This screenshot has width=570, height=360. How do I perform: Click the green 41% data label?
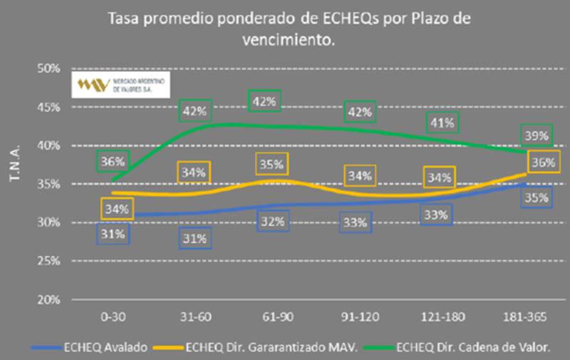coord(442,123)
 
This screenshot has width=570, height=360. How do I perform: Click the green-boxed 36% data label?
coord(112,161)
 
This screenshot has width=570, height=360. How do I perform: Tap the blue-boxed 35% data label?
coord(537,197)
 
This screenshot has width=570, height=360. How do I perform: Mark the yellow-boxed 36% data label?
coord(543,163)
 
